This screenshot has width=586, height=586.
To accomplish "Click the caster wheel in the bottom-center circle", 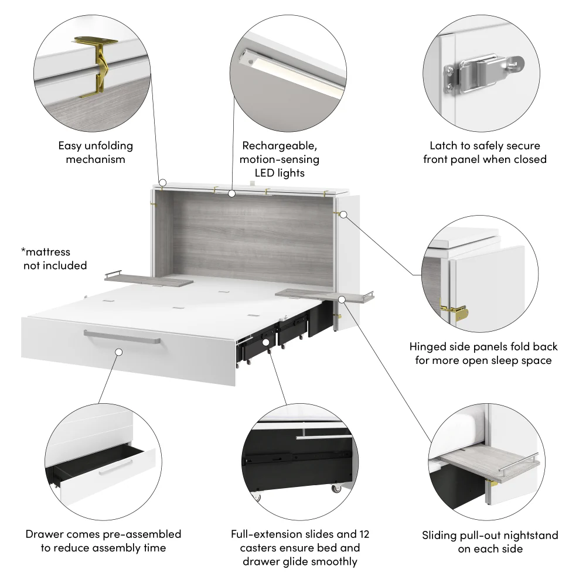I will click(x=337, y=488).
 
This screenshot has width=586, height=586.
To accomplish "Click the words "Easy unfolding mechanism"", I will click(x=96, y=152).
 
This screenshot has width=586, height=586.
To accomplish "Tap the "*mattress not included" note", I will click(x=54, y=259).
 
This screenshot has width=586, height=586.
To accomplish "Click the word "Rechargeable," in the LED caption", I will click(x=280, y=146).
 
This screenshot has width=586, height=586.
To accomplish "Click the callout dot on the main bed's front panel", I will click(x=119, y=352).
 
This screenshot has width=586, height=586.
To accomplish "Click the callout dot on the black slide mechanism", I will click(x=265, y=341).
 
